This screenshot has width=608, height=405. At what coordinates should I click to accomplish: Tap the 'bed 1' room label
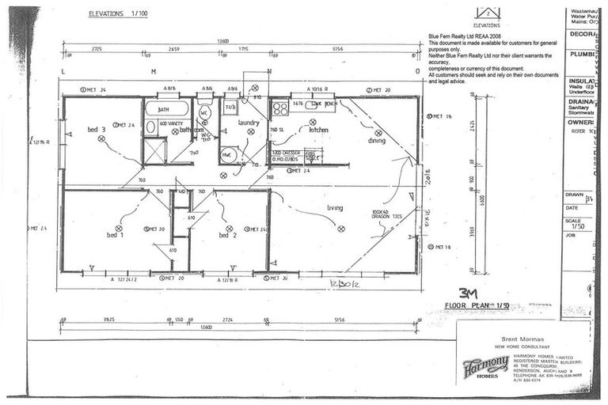pos(116,235)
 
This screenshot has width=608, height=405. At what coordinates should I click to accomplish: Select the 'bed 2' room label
pos(228,235)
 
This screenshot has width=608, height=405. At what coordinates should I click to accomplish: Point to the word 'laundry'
pos(249,123)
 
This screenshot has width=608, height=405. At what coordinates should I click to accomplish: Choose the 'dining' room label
pos(377,141)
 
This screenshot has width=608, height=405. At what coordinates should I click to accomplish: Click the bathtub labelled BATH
pos(167,109)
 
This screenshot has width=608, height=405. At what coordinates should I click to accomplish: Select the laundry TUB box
pos(230,106)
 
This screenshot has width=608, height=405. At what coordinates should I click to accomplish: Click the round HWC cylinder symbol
pos(228,155)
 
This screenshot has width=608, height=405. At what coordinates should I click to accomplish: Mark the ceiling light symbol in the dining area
pos(378,132)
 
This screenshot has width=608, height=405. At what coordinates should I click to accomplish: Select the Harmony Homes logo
pos(484,365)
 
